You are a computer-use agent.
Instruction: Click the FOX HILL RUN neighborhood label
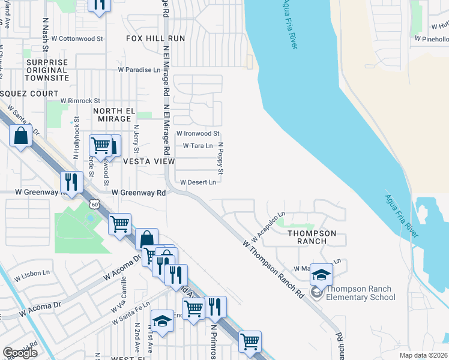pos(155,38)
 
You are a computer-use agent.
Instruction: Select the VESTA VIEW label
pos(148,162)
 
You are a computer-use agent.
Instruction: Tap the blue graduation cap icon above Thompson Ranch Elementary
pos(321,275)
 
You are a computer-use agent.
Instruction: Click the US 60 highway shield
pos(95,205)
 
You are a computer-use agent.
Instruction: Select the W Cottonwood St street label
pos(77,38)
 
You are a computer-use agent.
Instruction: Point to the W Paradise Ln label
pos(139,70)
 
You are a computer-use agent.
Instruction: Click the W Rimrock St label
pos(80,101)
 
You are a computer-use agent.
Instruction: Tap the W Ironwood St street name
pos(198,133)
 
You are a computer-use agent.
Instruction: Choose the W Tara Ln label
pos(198,146)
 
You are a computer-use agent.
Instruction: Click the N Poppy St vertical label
pos(220,159)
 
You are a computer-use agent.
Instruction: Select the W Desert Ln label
pos(197,182)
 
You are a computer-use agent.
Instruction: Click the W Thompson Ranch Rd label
pos(274,269)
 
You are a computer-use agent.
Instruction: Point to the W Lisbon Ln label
pos(30,273)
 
